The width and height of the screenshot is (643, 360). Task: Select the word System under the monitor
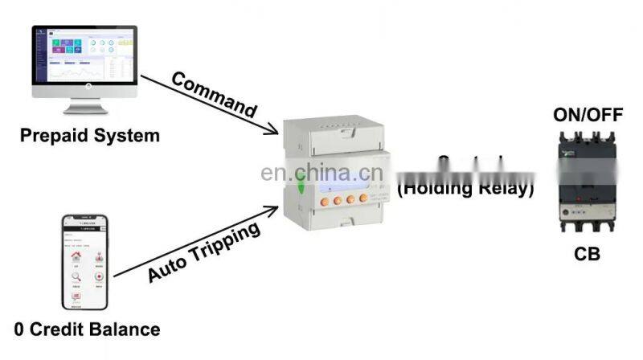(x=125, y=134)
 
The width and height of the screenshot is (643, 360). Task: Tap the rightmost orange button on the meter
(x=364, y=198)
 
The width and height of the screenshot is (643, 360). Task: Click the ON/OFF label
(x=588, y=115)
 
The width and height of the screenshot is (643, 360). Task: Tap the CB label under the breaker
(x=588, y=255)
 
